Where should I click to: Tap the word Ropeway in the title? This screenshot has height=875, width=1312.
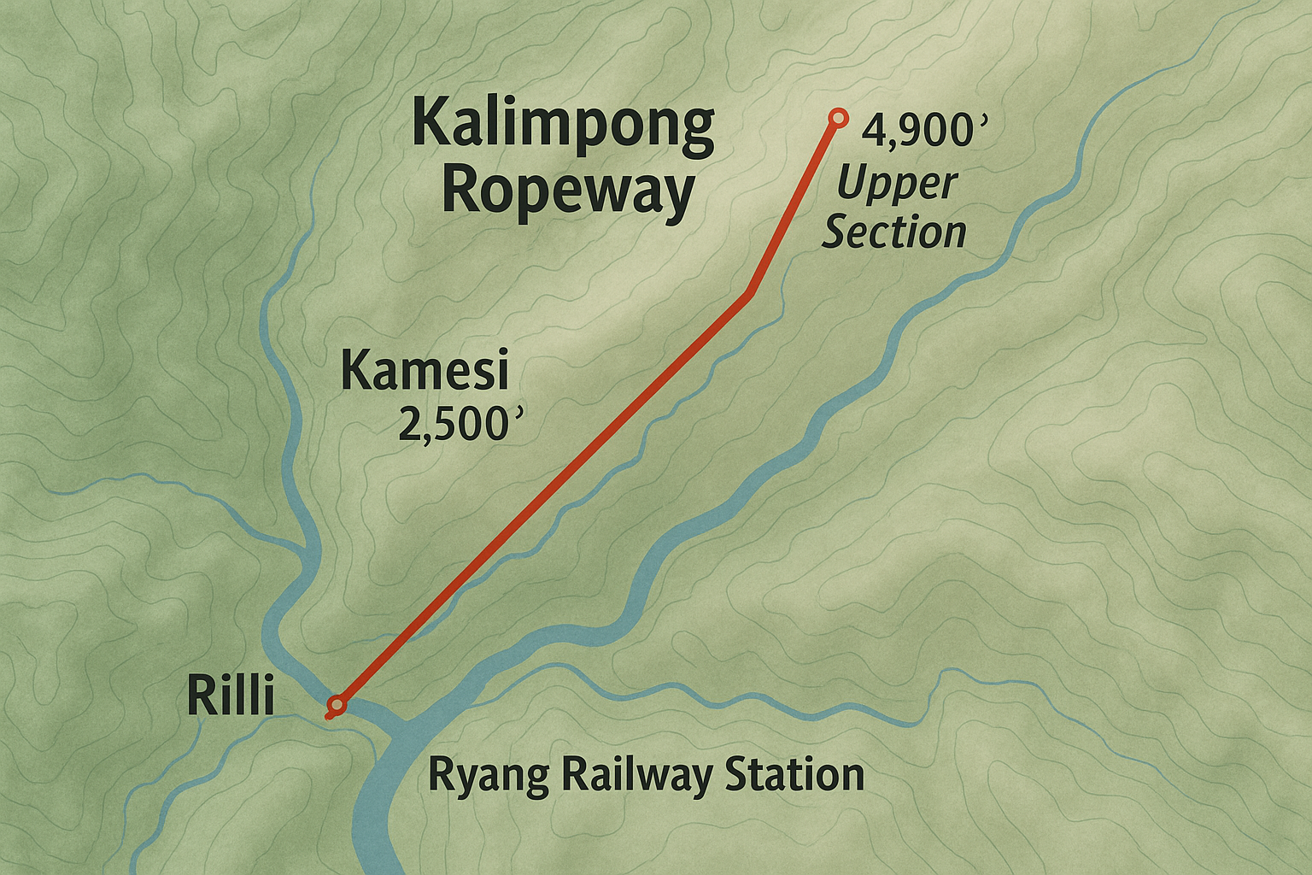pos(568,193)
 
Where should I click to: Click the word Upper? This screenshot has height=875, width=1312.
pos(897,185)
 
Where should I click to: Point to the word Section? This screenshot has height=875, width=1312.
pos(893,232)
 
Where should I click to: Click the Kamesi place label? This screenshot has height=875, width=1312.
pos(425,372)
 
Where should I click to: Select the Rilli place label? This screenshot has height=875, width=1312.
pos(231,696)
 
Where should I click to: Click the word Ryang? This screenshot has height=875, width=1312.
pos(488,776)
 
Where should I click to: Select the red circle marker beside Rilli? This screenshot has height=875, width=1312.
pos(337,705)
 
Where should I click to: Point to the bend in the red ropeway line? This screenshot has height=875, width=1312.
pos(749,295)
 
